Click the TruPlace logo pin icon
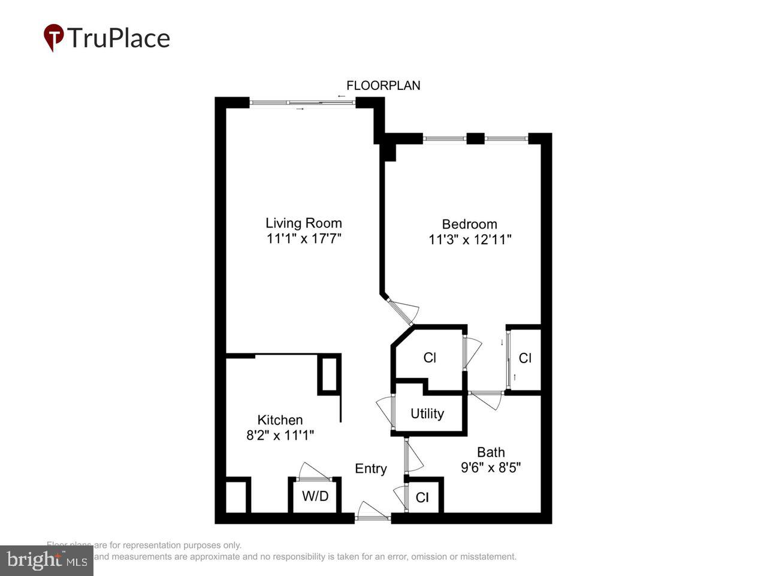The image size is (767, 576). (54, 37)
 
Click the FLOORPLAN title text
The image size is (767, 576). (383, 85)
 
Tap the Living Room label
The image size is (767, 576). (304, 223)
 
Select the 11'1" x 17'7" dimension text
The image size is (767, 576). (304, 239)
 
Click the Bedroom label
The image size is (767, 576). (469, 224)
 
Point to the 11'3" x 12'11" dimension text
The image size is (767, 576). (469, 240)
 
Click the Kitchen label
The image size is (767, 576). (280, 420)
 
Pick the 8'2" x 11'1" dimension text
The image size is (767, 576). (280, 436)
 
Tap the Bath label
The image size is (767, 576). (491, 452)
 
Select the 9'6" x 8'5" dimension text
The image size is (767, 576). (491, 467)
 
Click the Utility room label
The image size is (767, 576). (427, 413)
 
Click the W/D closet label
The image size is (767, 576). (315, 496)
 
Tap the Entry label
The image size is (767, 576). (371, 469)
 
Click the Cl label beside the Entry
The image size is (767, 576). (422, 497)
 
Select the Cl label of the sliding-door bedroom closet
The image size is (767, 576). (525, 358)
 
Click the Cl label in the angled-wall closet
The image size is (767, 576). (430, 358)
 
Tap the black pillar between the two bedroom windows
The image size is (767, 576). (475, 139)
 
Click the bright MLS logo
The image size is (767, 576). (47, 561)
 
